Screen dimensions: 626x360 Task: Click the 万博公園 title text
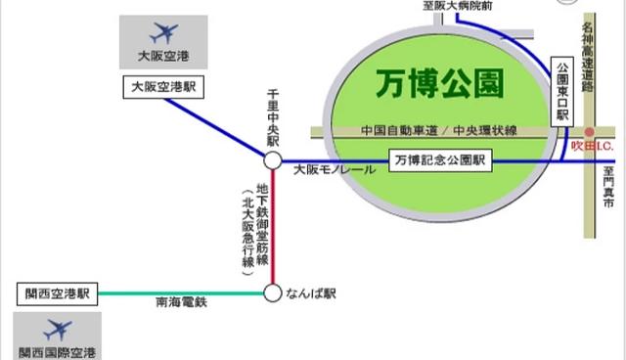[x=439, y=85]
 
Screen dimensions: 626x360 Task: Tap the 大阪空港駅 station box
[x=164, y=86]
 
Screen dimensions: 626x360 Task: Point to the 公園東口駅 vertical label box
[x=561, y=89]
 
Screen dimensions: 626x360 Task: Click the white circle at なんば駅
[x=273, y=292]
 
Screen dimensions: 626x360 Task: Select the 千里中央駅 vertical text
[x=273, y=116]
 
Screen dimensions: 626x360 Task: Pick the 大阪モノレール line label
[x=334, y=170]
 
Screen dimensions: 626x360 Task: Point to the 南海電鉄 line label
[x=181, y=303]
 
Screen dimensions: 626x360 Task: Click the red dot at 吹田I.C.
[x=589, y=132]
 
